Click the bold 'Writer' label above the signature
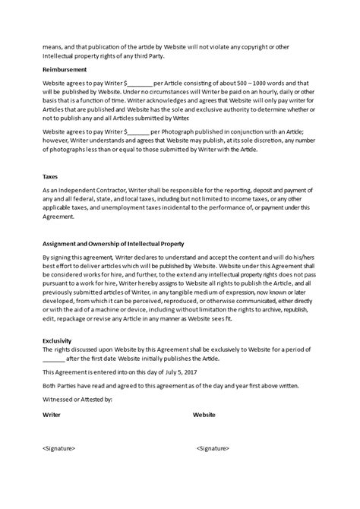click(52, 416)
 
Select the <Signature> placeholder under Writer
click(58, 448)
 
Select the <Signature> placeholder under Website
click(213, 448)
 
